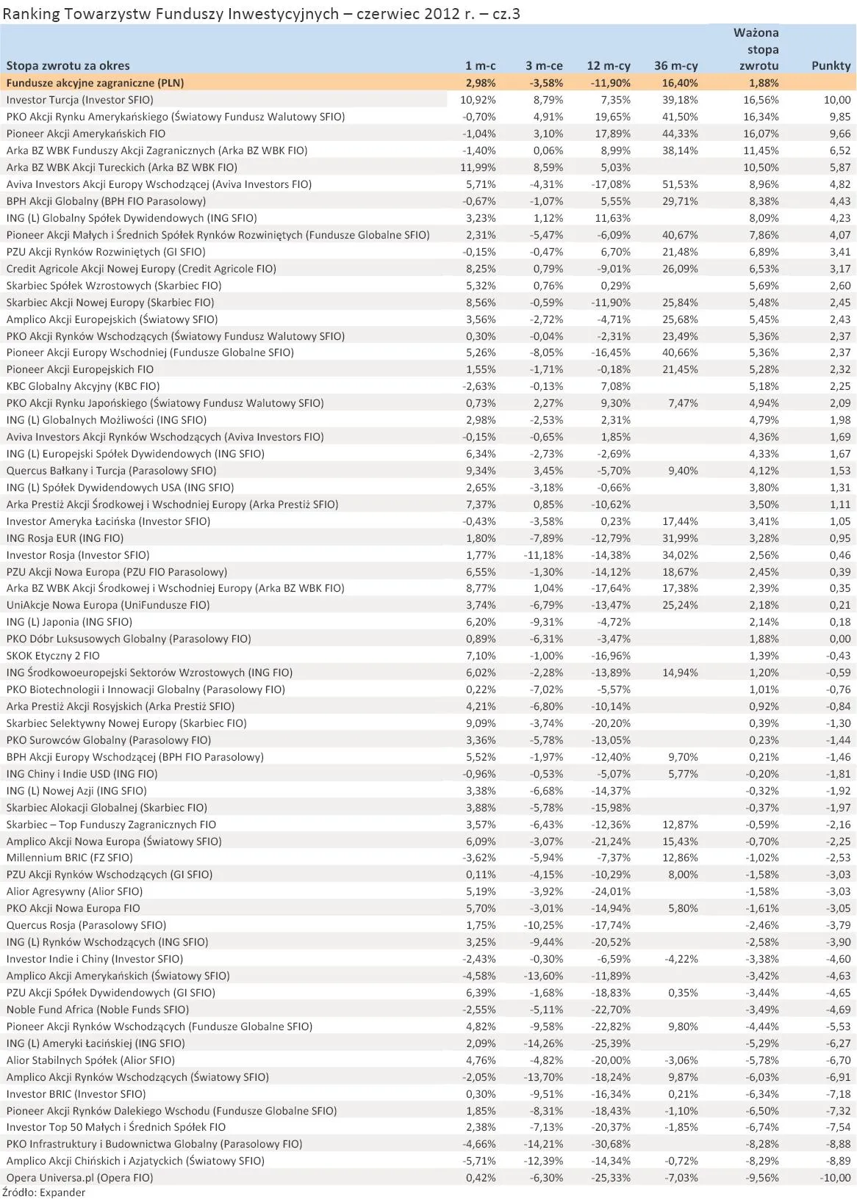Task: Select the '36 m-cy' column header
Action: coord(675,65)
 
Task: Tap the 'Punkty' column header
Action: coord(831,65)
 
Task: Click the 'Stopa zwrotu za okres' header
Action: coord(68,65)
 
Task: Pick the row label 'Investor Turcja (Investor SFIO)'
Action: coord(79,100)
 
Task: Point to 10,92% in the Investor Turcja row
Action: coord(478,100)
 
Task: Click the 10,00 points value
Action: coord(836,100)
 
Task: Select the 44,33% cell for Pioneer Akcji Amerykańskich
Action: coord(680,134)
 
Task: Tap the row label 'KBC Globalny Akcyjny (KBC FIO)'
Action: coord(82,386)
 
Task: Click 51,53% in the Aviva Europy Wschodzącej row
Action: coord(680,184)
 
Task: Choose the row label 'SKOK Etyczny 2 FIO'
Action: coord(53,656)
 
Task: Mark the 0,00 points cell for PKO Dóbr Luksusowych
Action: coord(839,639)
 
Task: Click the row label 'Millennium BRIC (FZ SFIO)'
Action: coord(69,858)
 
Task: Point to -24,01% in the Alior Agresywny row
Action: coord(611,891)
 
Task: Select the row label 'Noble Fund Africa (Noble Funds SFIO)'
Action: coord(97,1010)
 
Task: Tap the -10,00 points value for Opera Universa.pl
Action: coord(835,1178)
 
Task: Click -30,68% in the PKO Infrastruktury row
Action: coord(611,1144)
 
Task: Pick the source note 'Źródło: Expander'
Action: coord(44,1192)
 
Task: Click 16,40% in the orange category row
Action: coord(680,83)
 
